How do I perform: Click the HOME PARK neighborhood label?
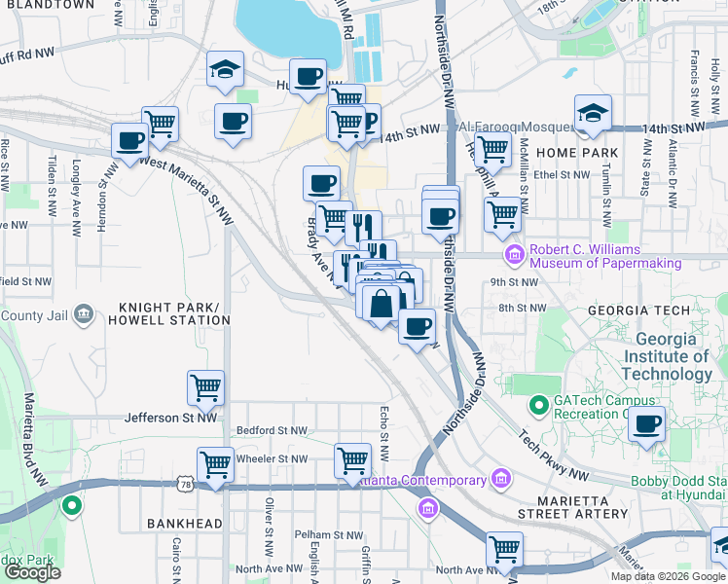(583, 154)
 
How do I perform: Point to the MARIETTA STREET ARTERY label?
(572, 505)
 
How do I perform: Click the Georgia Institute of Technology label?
(667, 356)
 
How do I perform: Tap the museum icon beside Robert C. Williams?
(513, 254)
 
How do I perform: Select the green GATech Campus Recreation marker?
(537, 403)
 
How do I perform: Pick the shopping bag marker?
(382, 303)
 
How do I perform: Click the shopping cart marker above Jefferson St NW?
(206, 387)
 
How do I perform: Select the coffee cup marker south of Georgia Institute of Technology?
(647, 424)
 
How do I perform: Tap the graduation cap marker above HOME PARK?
(592, 113)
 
